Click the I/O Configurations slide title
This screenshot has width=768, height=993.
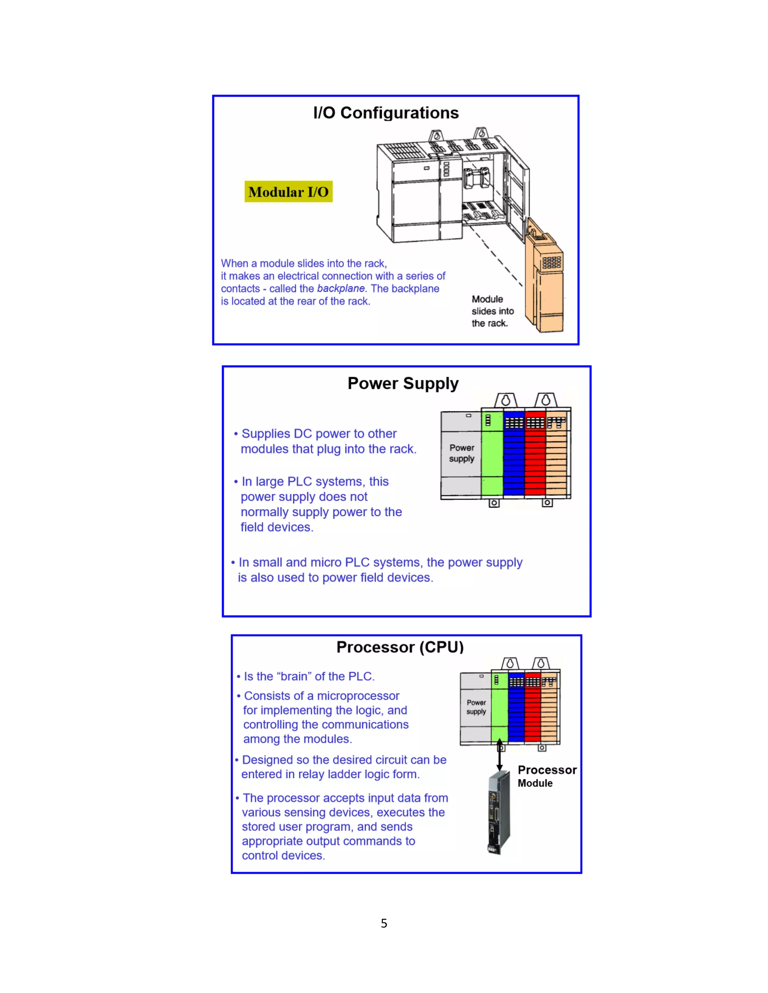coord(386,113)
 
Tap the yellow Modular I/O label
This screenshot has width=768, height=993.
coord(288,192)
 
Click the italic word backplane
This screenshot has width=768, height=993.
coord(340,289)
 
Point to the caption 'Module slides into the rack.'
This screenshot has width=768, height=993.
coord(492,311)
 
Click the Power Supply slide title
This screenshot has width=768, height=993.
coord(403,383)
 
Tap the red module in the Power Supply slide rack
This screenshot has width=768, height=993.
coord(535,455)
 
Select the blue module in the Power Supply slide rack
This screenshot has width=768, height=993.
coord(514,455)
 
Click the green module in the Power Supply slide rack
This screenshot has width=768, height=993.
coord(492,455)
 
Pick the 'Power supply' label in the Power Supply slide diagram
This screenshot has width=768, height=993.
coord(462,453)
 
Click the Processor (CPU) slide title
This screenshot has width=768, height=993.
coord(400,647)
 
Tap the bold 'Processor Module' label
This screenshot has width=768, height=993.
coord(547,776)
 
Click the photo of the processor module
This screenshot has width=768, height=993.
coord(499,814)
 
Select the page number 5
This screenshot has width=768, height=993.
coord(384,923)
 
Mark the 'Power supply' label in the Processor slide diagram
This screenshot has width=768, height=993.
coord(476,707)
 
